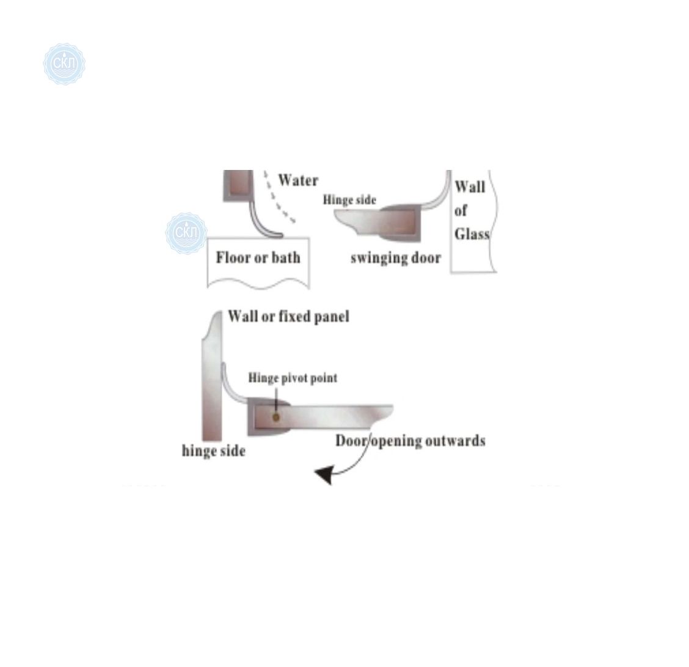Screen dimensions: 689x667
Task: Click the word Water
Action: click(298, 180)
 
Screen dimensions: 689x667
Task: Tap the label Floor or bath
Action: click(258, 257)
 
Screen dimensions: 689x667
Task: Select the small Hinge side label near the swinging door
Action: click(349, 200)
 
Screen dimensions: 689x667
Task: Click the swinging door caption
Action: click(395, 258)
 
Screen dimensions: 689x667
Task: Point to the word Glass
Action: click(472, 234)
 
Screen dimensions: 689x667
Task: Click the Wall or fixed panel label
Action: click(288, 317)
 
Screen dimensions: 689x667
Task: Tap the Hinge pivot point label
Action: click(293, 378)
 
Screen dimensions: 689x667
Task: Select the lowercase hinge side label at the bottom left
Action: click(214, 451)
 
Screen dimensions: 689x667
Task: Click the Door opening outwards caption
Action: click(410, 441)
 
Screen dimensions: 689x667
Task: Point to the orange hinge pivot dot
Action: click(275, 417)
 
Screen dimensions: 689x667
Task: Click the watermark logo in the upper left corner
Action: click(64, 64)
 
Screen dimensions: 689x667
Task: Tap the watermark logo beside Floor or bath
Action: click(186, 233)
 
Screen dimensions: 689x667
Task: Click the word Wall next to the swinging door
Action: click(470, 187)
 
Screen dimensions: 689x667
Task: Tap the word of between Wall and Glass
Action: click(461, 210)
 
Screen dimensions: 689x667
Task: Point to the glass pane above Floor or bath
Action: click(238, 185)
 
